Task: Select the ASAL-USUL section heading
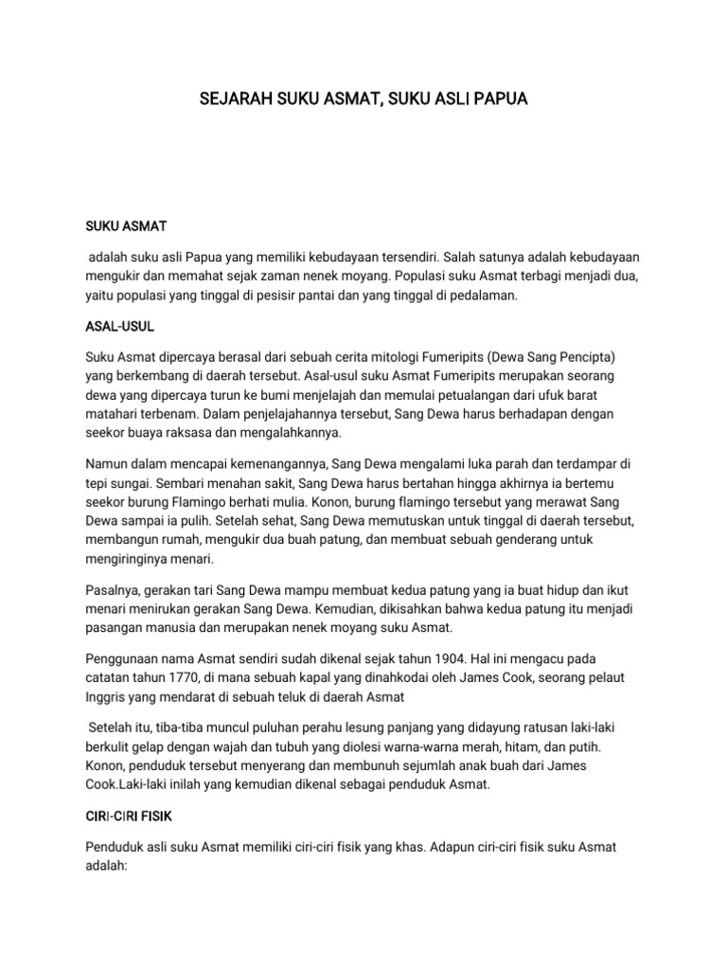point(119,326)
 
